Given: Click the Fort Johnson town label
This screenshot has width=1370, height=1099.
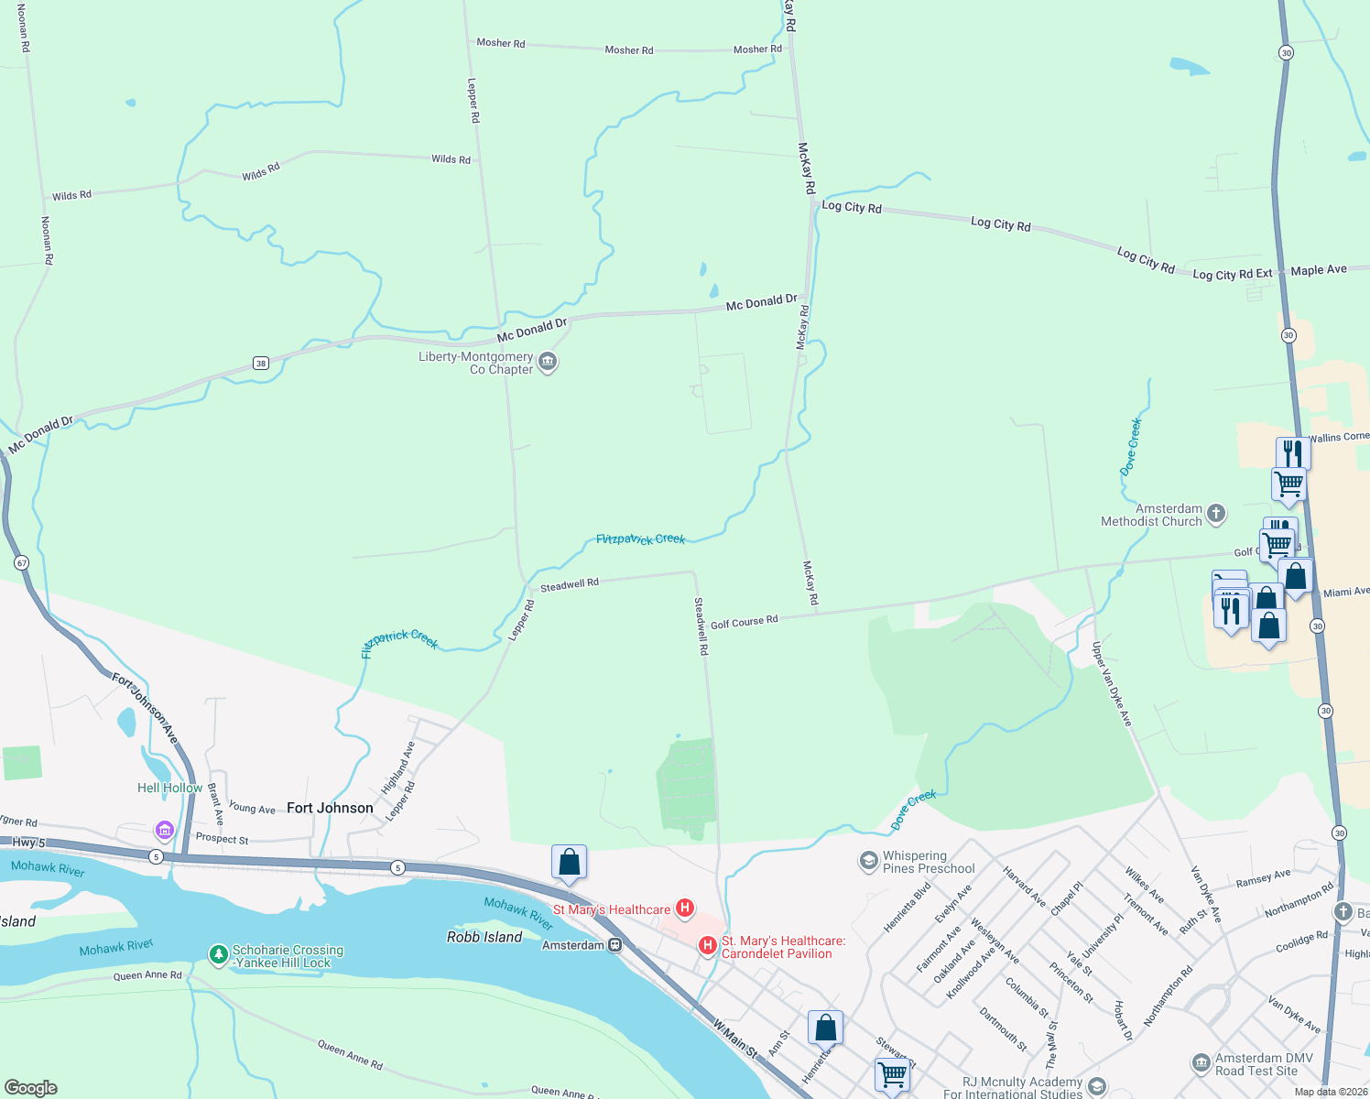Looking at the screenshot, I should pyautogui.click(x=330, y=808).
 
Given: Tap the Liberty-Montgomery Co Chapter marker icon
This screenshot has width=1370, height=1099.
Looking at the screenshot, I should pyautogui.click(x=548, y=363).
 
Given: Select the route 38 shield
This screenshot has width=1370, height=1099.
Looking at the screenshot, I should pyautogui.click(x=261, y=364).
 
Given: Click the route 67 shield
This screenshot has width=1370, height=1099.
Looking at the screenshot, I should pyautogui.click(x=22, y=562).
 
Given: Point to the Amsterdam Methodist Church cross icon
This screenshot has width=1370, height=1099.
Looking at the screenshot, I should pyautogui.click(x=1216, y=514).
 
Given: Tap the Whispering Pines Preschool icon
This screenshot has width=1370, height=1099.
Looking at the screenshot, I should pyautogui.click(x=867, y=861).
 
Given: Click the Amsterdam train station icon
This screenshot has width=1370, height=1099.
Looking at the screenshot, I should pyautogui.click(x=615, y=945).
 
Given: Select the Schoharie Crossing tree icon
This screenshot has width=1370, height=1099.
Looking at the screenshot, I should pyautogui.click(x=218, y=955).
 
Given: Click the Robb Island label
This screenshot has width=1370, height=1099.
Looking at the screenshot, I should pyautogui.click(x=484, y=937).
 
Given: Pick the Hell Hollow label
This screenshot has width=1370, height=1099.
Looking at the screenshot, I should pyautogui.click(x=169, y=788).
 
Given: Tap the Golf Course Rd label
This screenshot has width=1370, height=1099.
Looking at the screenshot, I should pyautogui.click(x=744, y=622).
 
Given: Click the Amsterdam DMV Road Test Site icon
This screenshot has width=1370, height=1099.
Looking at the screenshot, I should pyautogui.click(x=1201, y=1063).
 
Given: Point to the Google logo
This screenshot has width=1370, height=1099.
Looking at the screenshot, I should pyautogui.click(x=30, y=1088).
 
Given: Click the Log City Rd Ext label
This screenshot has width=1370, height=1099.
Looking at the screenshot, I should pyautogui.click(x=1232, y=274).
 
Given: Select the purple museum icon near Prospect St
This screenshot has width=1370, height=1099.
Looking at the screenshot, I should pyautogui.click(x=165, y=831).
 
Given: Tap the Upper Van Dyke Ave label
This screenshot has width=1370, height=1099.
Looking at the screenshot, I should pyautogui.click(x=1112, y=684).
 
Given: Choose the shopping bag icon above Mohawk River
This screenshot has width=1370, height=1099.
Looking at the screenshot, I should pyautogui.click(x=569, y=863).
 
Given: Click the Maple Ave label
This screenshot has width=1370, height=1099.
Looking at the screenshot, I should pyautogui.click(x=1319, y=270).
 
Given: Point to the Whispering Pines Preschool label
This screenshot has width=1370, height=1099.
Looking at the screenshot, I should pyautogui.click(x=929, y=862).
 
